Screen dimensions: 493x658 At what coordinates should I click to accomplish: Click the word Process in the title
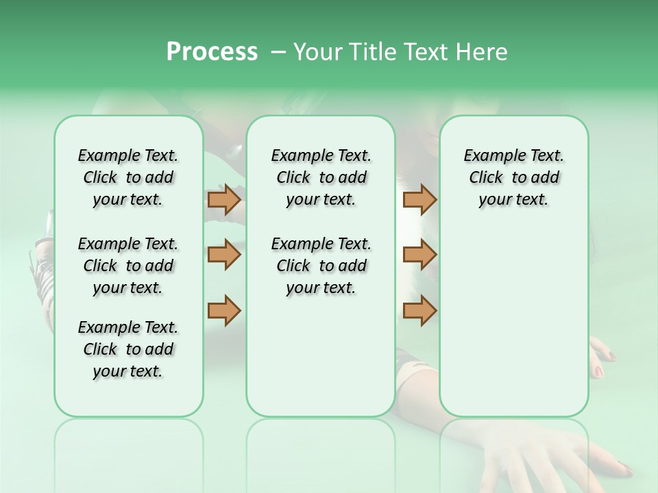pyautogui.click(x=212, y=52)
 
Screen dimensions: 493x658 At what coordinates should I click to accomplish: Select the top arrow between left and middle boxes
pyautogui.click(x=224, y=200)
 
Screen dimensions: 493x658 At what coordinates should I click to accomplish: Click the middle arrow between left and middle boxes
pyautogui.click(x=224, y=255)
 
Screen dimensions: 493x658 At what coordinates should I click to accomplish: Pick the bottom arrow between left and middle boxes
pyautogui.click(x=224, y=310)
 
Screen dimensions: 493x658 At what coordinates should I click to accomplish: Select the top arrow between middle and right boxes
pyautogui.click(x=419, y=200)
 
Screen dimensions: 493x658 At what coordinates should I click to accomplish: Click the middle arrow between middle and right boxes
pyautogui.click(x=419, y=255)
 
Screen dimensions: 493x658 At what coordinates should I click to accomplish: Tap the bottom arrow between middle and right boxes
pyautogui.click(x=419, y=310)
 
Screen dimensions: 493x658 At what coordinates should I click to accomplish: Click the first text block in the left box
pyautogui.click(x=128, y=177)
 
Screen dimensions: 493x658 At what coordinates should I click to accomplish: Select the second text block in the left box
pyautogui.click(x=128, y=266)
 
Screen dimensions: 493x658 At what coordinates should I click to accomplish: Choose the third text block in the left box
pyautogui.click(x=128, y=349)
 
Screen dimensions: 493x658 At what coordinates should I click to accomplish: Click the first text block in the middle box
pyautogui.click(x=321, y=177)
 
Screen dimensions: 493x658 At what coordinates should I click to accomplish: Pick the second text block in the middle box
pyautogui.click(x=321, y=266)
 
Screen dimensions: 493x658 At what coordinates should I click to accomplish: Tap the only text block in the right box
pyautogui.click(x=513, y=177)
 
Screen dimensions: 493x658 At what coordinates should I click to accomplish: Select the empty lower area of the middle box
pyautogui.click(x=321, y=356)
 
